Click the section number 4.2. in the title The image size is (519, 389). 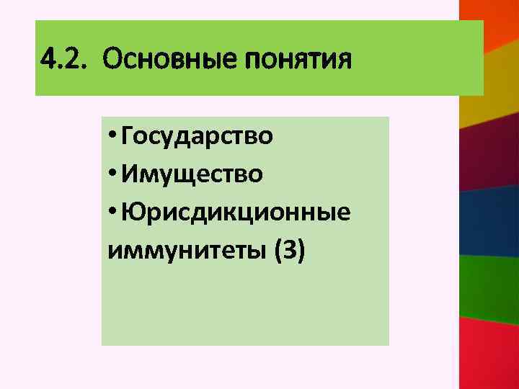(63, 59)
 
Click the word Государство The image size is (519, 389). (197, 135)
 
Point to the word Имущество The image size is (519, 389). (191, 174)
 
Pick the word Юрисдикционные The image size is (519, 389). (236, 213)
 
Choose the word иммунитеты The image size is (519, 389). (187, 251)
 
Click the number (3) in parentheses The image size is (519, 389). (290, 251)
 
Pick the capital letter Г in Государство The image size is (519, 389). (128, 135)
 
